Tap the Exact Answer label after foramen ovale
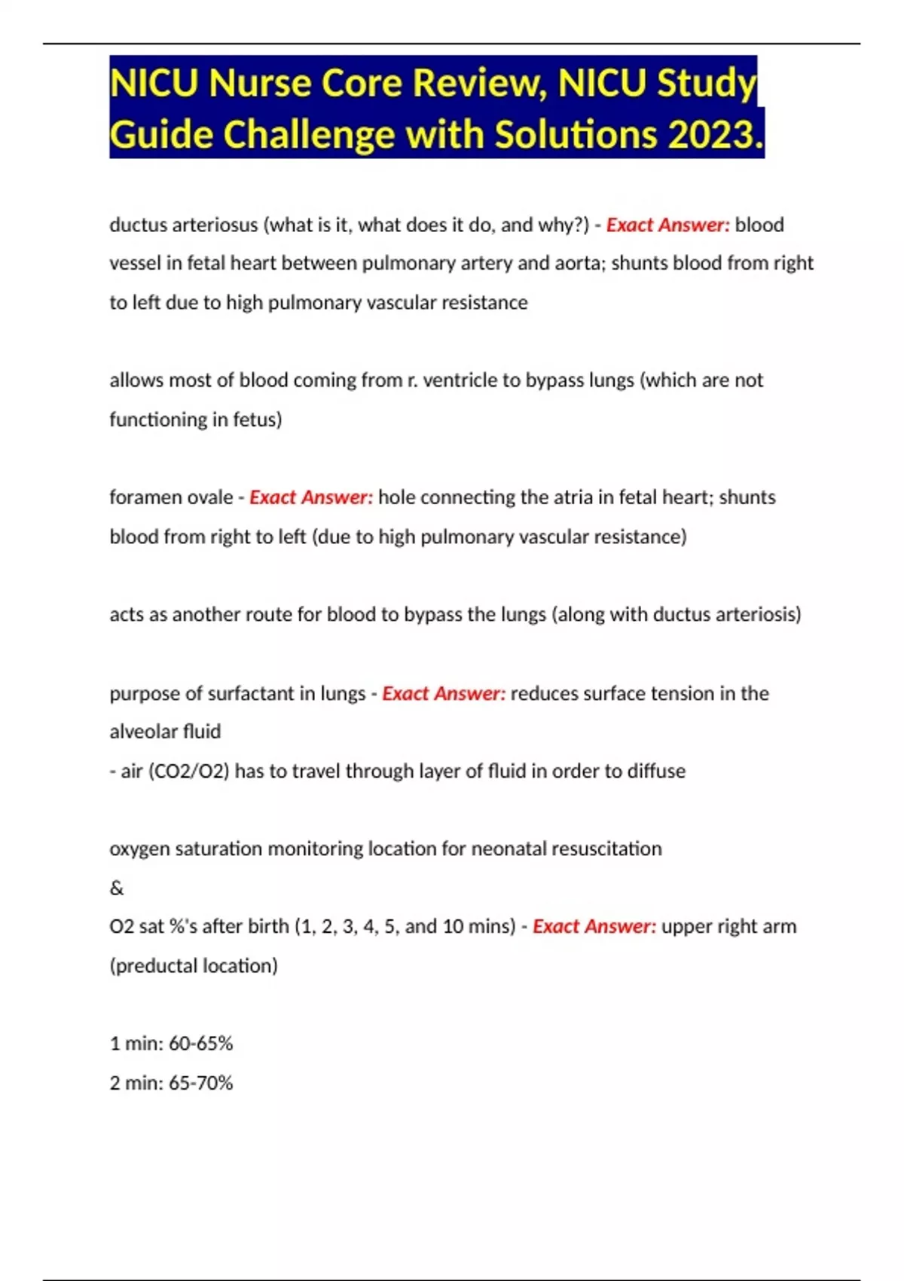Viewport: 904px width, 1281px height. (x=311, y=497)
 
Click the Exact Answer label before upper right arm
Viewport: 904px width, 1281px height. (x=594, y=926)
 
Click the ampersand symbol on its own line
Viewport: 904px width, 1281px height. (x=117, y=888)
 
